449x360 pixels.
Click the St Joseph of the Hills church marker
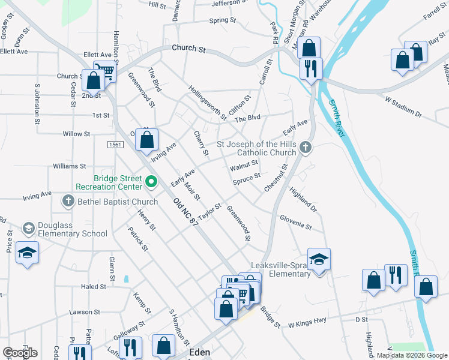(306, 147)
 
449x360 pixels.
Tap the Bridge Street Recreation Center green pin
(151, 180)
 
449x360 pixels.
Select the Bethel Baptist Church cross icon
(68, 202)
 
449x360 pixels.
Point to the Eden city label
(199, 352)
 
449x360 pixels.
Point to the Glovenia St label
(296, 223)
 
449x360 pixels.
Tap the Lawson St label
(85, 312)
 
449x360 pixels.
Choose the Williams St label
(70, 166)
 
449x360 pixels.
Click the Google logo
(20, 353)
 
